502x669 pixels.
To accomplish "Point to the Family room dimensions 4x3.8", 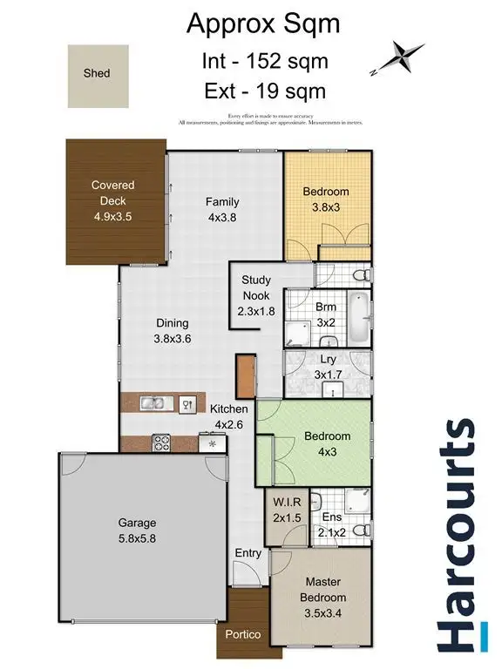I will (x=221, y=219).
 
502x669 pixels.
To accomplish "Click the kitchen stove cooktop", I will (x=161, y=443).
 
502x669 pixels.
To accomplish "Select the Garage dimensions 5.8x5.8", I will (x=138, y=539).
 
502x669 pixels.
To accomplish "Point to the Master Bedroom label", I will (x=325, y=590).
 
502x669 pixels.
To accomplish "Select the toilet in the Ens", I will (x=365, y=530).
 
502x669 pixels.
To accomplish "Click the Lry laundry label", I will (x=328, y=358).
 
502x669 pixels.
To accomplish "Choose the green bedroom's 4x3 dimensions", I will (x=327, y=452).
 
